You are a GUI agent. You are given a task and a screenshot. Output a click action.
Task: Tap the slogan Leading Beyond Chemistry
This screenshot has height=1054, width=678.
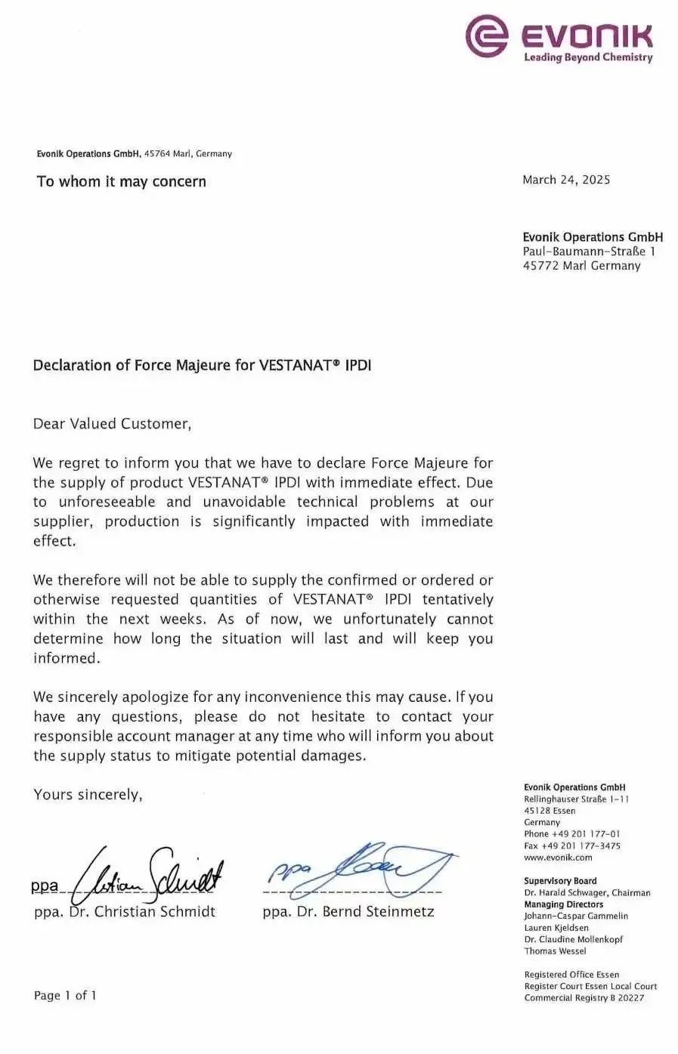coord(588,57)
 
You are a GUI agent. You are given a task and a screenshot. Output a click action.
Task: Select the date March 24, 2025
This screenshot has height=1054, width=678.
coord(566,180)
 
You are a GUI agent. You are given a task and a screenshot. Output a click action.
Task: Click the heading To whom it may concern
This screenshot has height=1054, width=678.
coord(121,181)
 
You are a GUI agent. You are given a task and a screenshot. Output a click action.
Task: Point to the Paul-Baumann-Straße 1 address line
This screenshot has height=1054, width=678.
coord(589,252)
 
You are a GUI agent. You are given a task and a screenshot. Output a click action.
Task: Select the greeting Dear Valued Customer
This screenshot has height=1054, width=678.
coord(112,424)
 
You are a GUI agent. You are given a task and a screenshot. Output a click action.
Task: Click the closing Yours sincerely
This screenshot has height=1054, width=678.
coord(88,794)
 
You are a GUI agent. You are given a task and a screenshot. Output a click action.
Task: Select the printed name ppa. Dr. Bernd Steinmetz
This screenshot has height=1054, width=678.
coord(348,911)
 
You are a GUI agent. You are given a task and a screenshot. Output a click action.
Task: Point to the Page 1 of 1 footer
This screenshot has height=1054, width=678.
coord(65,995)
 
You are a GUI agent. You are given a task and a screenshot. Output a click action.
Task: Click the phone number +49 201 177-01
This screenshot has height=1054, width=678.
coord(572,834)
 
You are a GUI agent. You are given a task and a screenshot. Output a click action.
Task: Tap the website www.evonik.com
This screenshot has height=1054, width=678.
coord(558,858)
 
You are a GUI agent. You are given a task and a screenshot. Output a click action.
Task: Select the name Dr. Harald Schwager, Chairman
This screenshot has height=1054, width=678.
coord(587,892)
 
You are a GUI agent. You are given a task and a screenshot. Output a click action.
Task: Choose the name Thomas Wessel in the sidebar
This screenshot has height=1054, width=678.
coord(555,951)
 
